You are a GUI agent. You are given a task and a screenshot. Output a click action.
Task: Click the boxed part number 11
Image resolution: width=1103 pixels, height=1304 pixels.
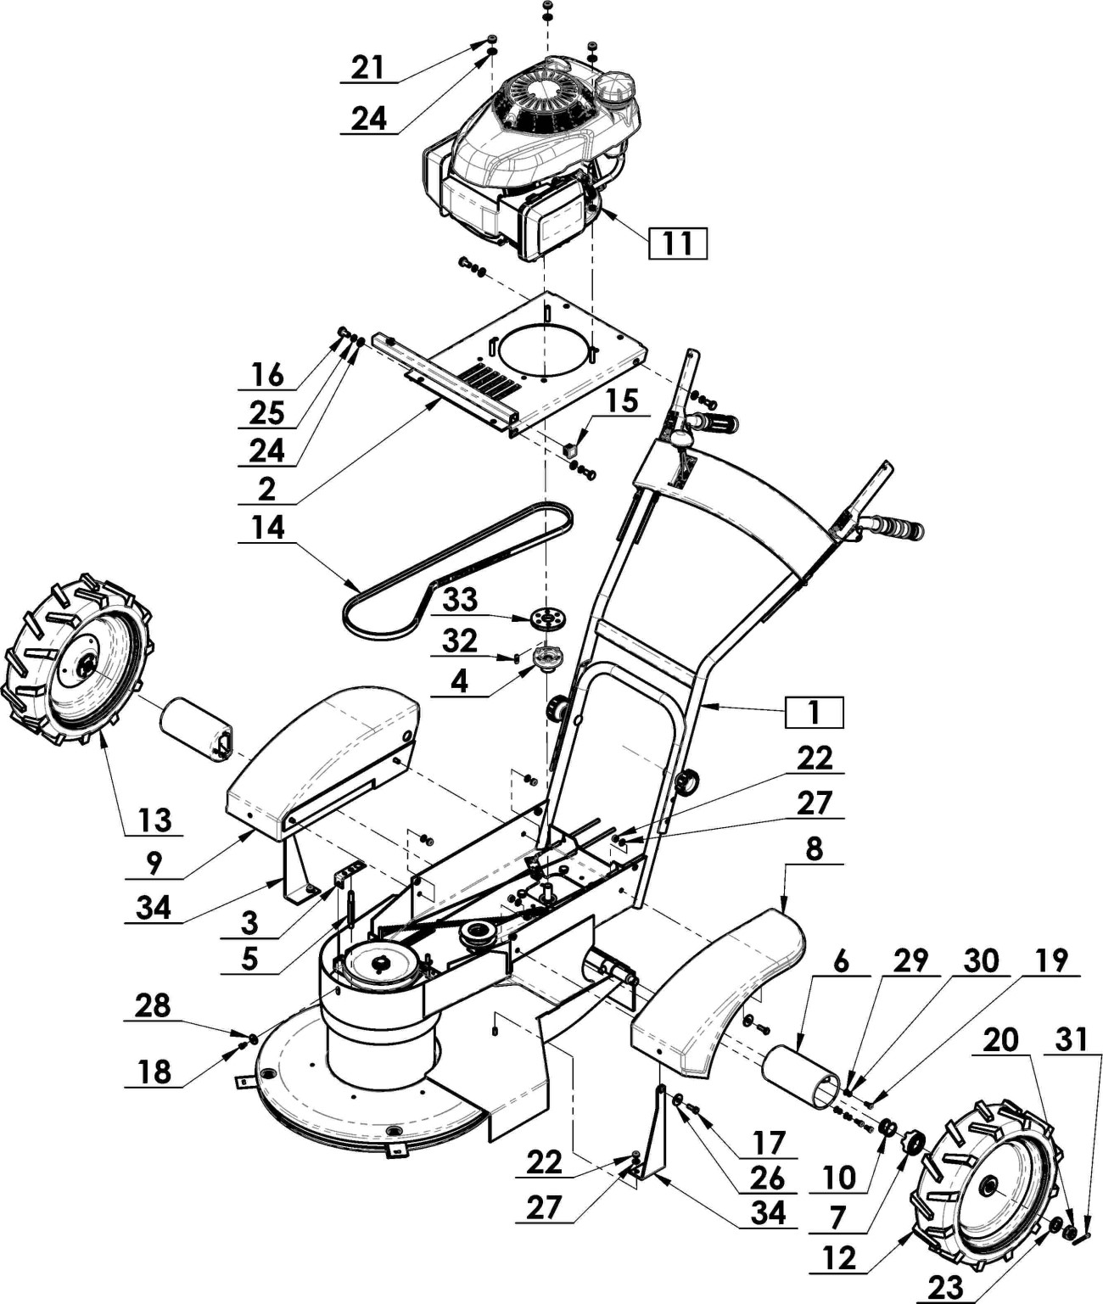(677, 243)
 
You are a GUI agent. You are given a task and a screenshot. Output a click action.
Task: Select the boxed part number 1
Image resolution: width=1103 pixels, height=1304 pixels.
(814, 713)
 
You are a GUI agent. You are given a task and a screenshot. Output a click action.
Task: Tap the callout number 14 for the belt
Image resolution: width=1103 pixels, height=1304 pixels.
(268, 528)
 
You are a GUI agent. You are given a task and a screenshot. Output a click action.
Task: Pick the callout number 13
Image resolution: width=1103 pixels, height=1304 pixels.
(154, 820)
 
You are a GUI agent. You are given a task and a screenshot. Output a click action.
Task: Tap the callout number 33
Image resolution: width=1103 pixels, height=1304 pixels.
(461, 600)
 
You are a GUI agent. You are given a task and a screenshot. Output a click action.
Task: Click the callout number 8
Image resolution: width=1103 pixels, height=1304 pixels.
(814, 848)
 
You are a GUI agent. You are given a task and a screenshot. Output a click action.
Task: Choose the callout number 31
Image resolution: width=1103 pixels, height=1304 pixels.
(1072, 1040)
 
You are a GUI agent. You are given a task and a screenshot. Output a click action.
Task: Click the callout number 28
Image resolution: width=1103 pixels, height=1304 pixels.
(153, 1005)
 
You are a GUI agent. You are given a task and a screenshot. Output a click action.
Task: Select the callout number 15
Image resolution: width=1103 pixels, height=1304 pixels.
(622, 400)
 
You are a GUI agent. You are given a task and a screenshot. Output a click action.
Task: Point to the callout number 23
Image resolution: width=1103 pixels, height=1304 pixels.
(945, 1287)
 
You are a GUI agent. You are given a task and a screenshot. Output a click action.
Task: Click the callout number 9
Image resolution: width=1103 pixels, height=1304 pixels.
(154, 863)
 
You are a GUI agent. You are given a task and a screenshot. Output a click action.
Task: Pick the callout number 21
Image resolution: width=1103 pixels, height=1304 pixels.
(368, 67)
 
